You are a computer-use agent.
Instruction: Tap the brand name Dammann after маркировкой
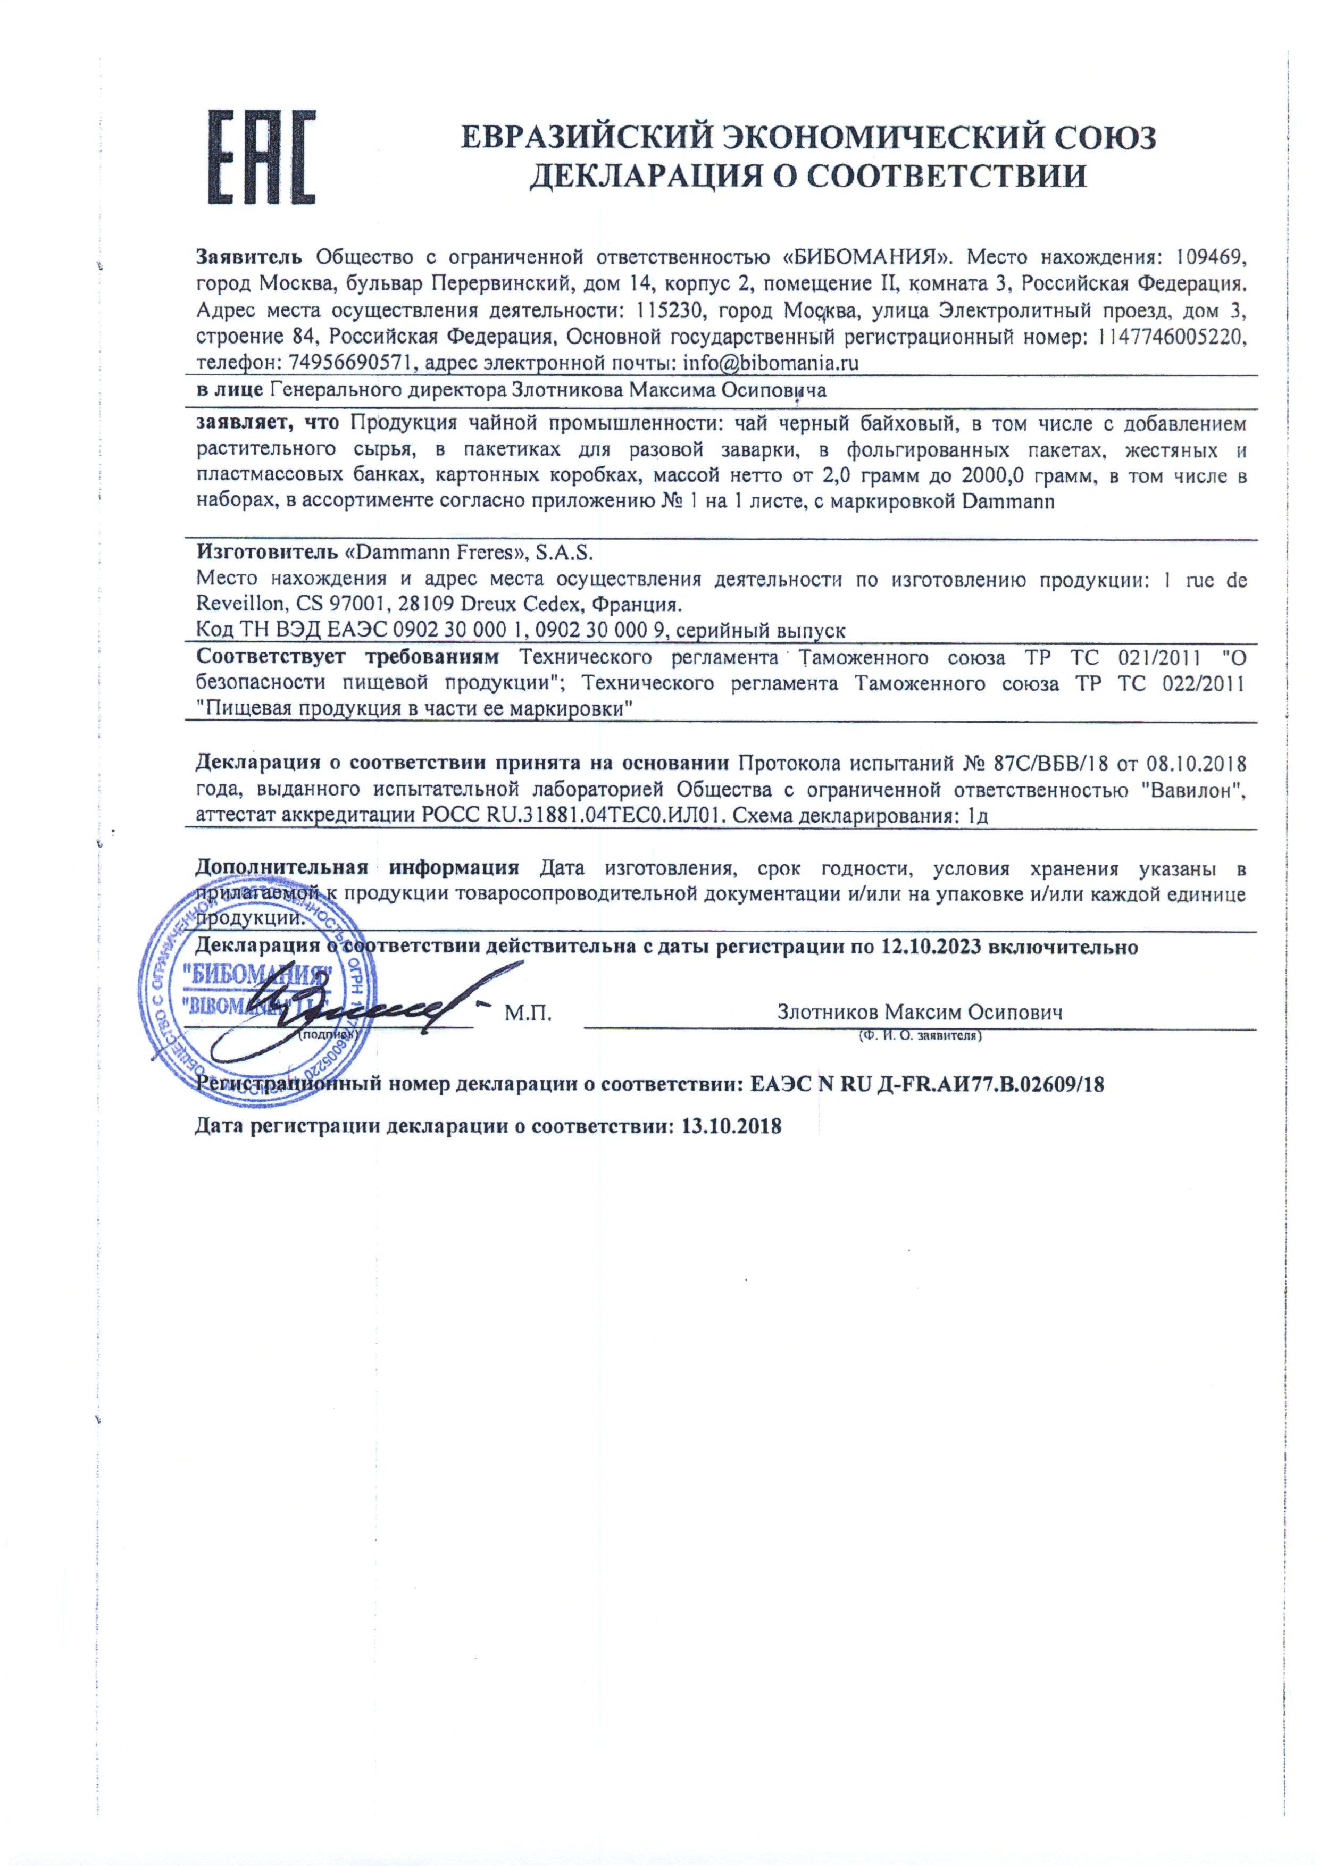(1008, 501)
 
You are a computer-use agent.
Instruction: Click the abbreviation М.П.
(528, 1013)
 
